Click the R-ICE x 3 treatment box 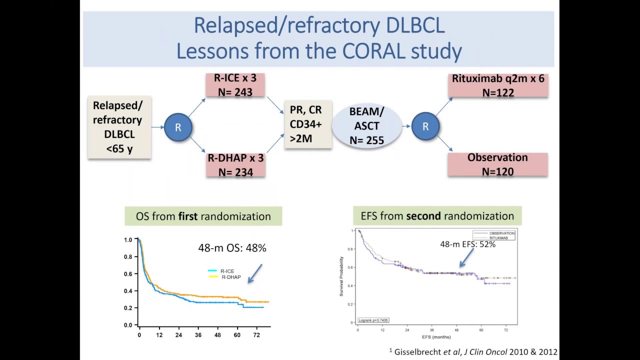click(x=235, y=85)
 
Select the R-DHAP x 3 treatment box click(x=235, y=165)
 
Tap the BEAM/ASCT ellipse click(x=367, y=126)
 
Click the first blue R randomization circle click(x=178, y=127)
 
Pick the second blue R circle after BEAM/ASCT click(x=425, y=126)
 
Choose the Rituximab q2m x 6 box click(x=498, y=85)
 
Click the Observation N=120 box click(x=497, y=164)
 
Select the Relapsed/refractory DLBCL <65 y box click(x=119, y=127)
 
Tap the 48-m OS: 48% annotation click(x=232, y=247)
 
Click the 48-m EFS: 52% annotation click(x=467, y=244)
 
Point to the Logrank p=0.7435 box click(x=373, y=320)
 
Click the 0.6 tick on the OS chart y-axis click(x=128, y=274)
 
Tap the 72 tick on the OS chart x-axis click(x=256, y=334)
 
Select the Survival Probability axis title click(x=342, y=276)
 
